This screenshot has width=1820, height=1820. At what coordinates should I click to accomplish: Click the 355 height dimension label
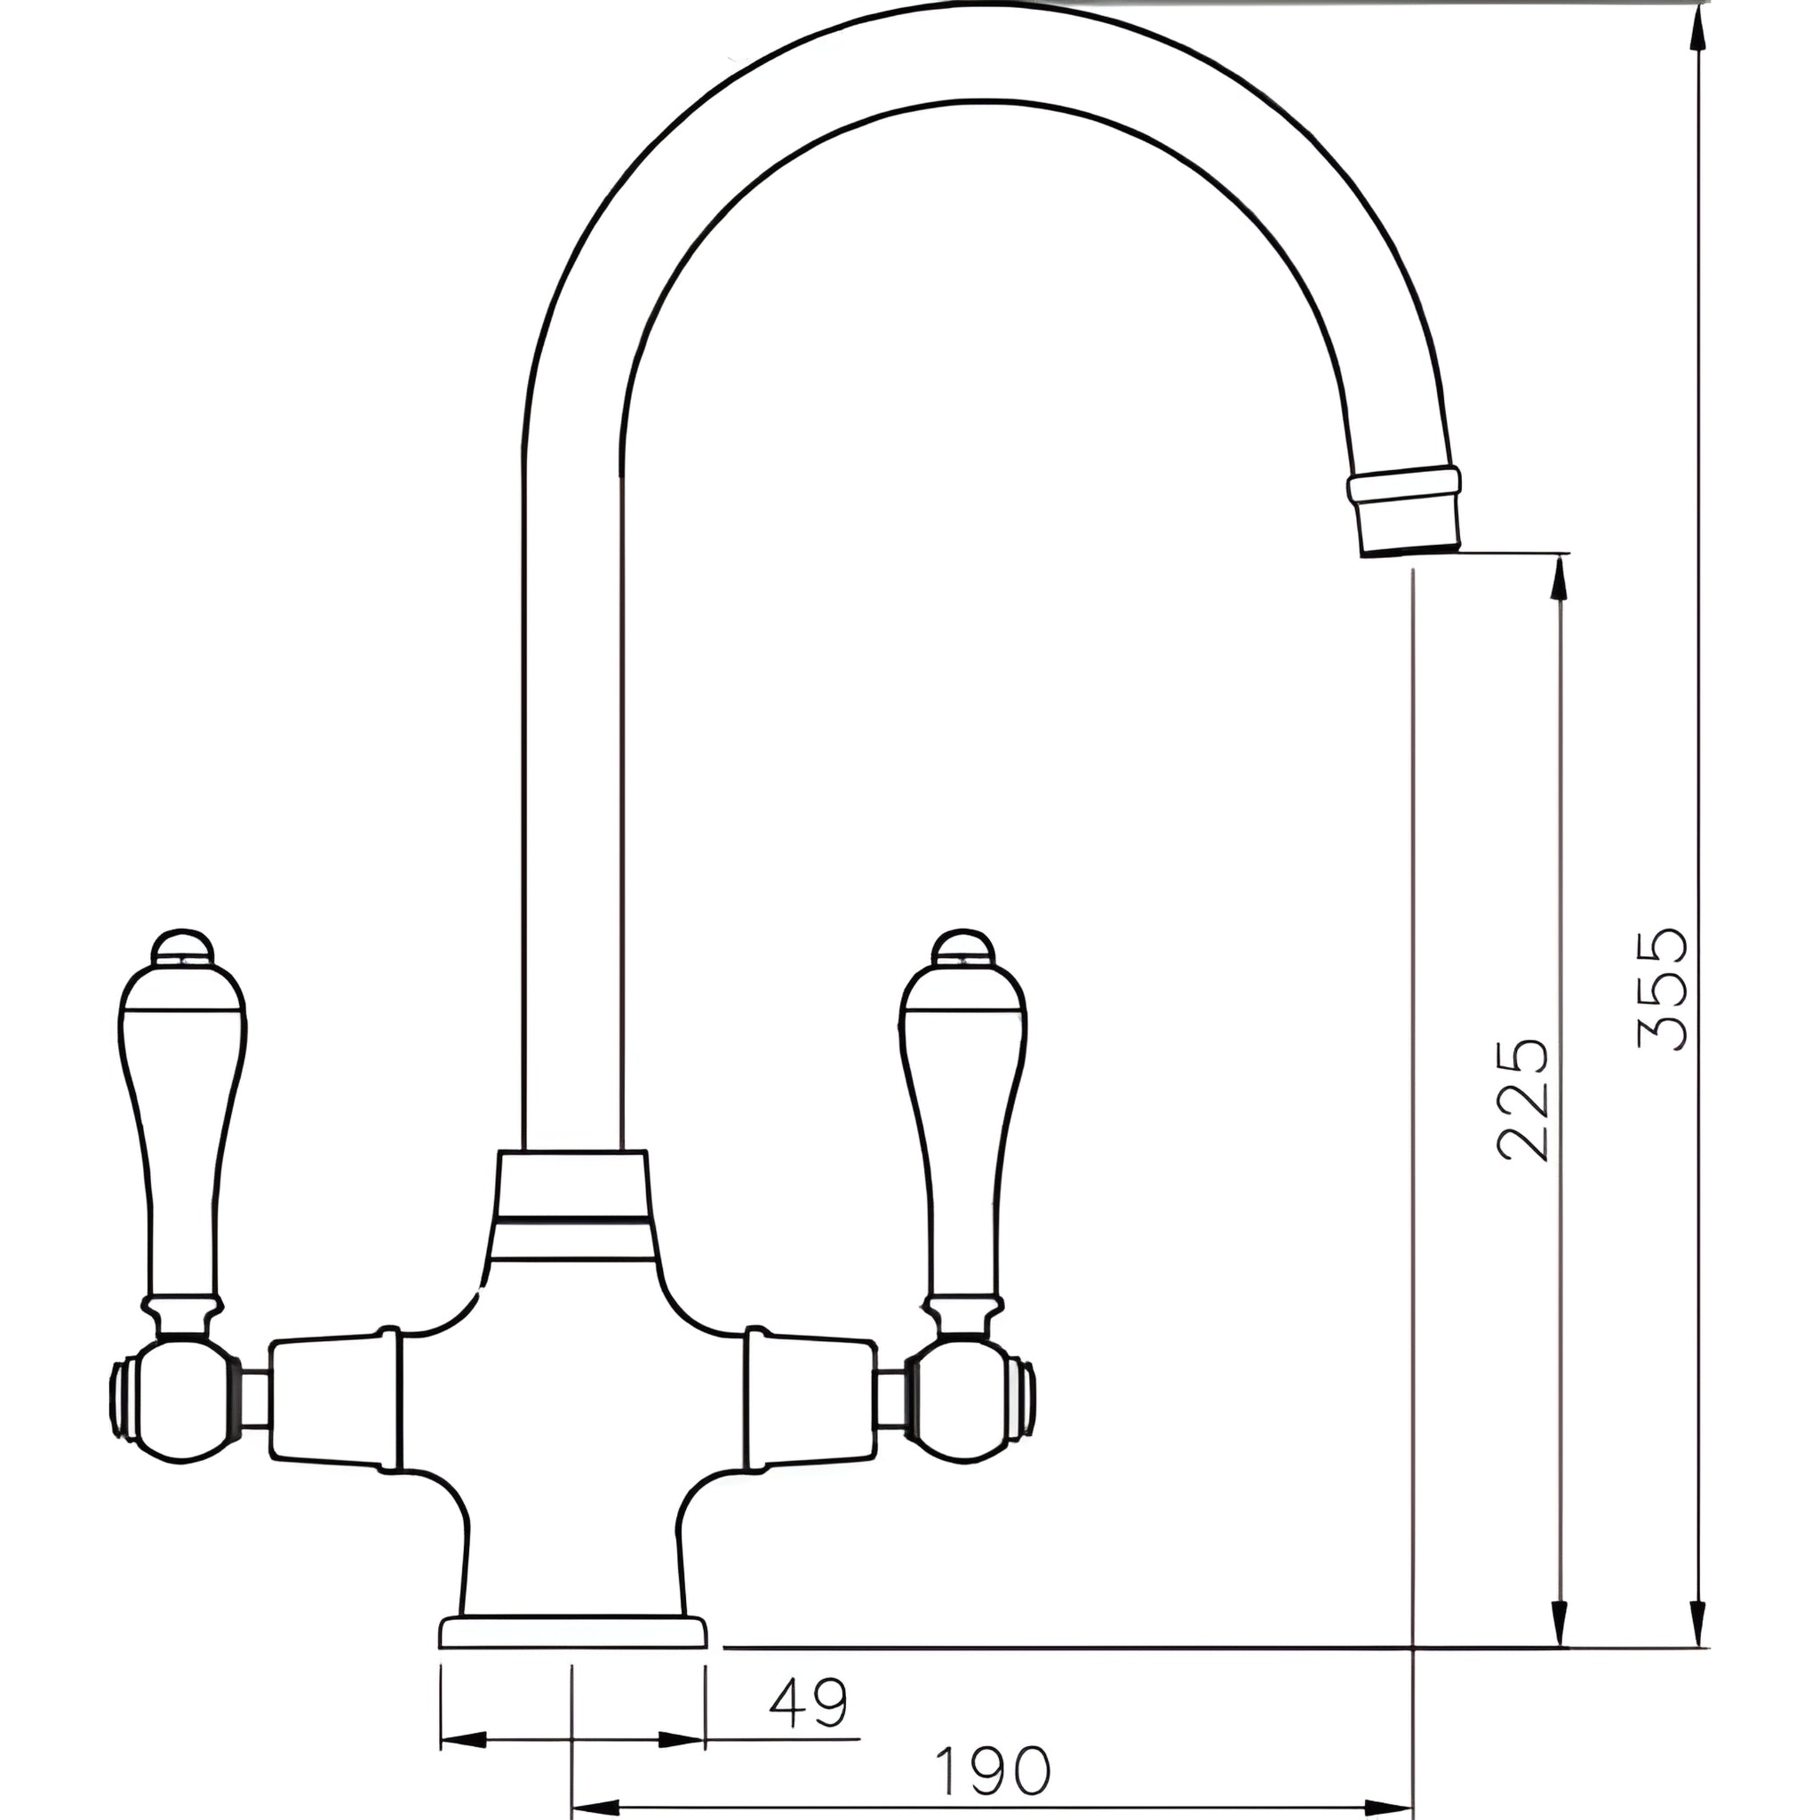[x=1663, y=990]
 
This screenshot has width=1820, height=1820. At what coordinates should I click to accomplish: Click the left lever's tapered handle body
[x=184, y=1130]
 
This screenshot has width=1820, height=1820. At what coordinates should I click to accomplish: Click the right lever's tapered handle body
[x=962, y=1130]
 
